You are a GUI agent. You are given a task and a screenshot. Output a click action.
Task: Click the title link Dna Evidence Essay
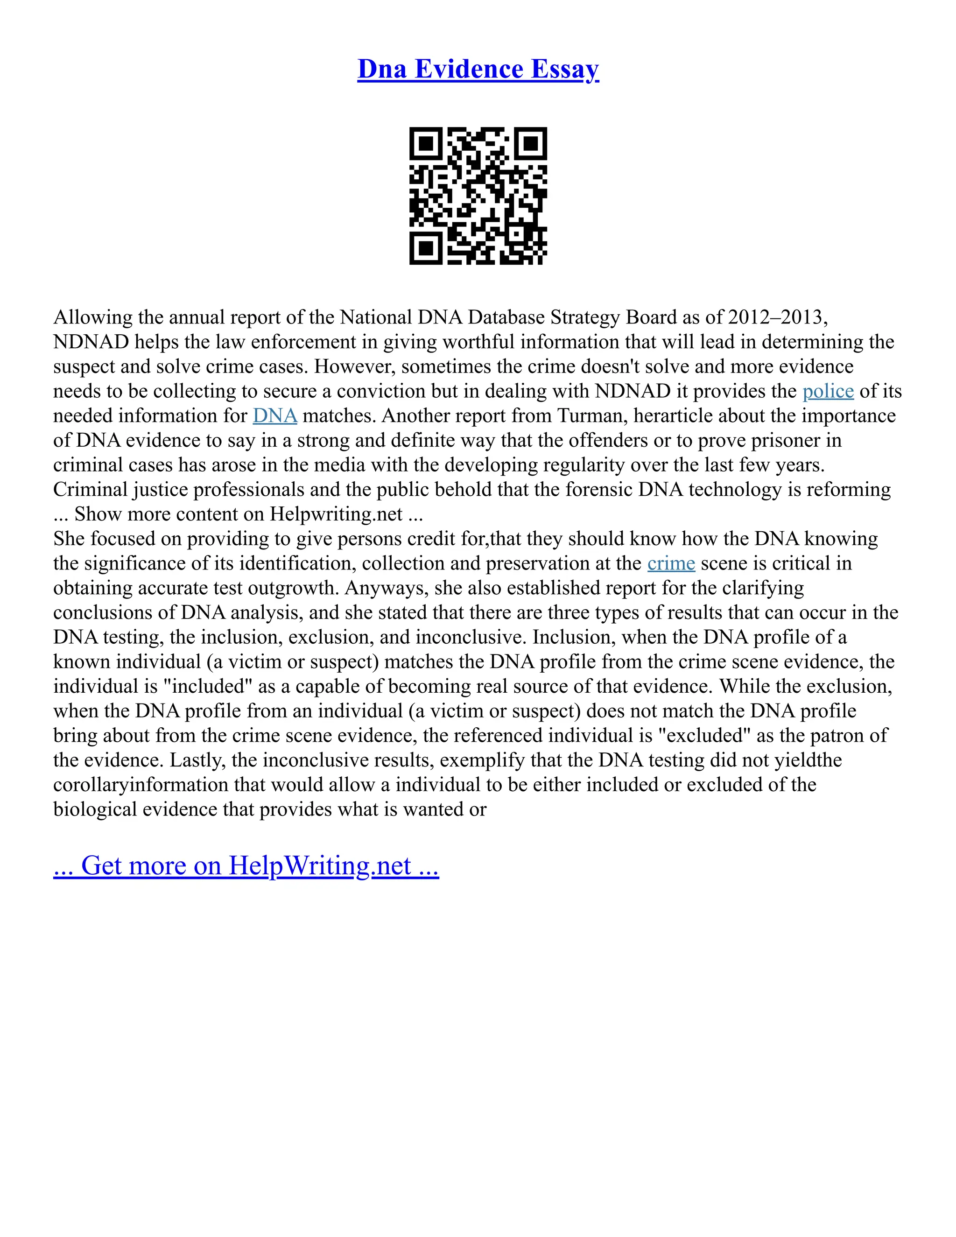point(478,69)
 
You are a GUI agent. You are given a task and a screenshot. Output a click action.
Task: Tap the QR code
point(478,196)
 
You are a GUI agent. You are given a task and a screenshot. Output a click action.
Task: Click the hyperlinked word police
point(828,391)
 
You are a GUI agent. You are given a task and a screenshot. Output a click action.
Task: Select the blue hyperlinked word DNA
point(274,416)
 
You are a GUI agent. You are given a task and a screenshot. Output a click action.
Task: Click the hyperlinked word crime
point(671,563)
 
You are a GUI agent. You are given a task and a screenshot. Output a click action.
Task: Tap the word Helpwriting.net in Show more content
point(336,514)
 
